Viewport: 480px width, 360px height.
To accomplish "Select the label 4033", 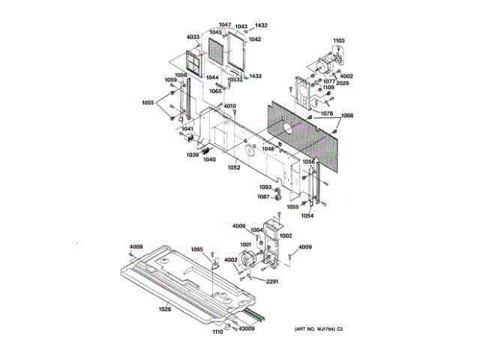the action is tap(193, 37).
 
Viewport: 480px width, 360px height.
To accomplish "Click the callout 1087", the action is tap(264, 196).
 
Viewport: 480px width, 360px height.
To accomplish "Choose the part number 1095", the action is tap(197, 250).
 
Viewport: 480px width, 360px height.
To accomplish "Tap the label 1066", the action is tap(348, 115).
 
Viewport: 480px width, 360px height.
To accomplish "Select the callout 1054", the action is tap(307, 215).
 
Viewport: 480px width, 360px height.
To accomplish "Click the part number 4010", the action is tap(229, 106).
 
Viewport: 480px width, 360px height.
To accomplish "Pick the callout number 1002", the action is tap(286, 235).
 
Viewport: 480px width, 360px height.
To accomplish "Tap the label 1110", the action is tap(217, 331).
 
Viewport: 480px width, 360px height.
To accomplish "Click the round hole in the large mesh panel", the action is tap(287, 128).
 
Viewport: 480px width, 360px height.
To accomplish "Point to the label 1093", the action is tap(265, 187).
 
